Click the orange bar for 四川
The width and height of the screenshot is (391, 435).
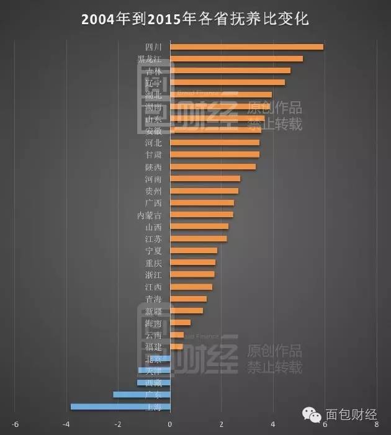click(246, 47)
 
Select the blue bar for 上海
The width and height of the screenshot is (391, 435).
click(120, 406)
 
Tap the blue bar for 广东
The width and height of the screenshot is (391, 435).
click(142, 395)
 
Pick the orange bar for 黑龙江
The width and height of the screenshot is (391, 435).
click(236, 58)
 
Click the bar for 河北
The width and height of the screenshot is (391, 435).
click(215, 142)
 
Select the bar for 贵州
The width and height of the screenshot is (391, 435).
click(204, 191)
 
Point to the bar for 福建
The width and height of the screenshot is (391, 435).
click(176, 346)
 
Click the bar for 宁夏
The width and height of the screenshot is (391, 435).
click(194, 251)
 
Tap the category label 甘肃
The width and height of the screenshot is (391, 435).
click(153, 155)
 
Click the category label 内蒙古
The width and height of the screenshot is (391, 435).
click(150, 215)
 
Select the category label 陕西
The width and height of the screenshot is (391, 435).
click(153, 167)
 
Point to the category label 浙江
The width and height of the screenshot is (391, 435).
click(153, 274)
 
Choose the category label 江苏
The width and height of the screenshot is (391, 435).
click(153, 239)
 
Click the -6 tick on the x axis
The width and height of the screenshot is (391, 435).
click(15, 424)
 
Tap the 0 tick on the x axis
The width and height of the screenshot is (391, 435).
click(170, 424)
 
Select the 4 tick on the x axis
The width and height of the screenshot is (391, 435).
click(273, 424)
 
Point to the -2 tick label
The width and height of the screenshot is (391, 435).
click(118, 424)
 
